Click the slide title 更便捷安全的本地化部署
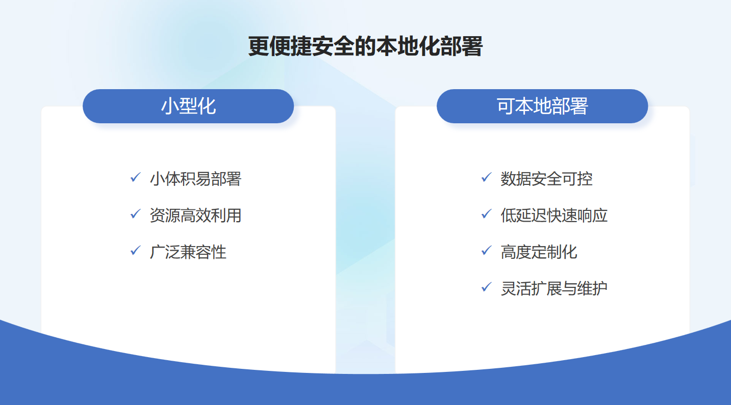[365, 46]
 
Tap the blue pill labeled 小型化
[188, 106]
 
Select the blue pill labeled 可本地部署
[542, 106]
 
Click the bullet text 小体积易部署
[195, 179]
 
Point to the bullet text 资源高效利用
[195, 215]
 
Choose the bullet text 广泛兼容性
[188, 252]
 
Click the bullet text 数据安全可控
[547, 179]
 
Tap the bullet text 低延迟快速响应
[554, 215]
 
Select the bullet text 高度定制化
[539, 252]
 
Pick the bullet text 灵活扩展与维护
[554, 289]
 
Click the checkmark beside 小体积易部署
[135, 177]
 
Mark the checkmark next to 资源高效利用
[135, 214]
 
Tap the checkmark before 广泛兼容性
[135, 251]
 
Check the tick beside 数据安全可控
[486, 177]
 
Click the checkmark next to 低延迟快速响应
[486, 214]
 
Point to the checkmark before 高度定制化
[486, 251]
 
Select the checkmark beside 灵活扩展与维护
[486, 287]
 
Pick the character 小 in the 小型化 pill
[170, 106]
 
